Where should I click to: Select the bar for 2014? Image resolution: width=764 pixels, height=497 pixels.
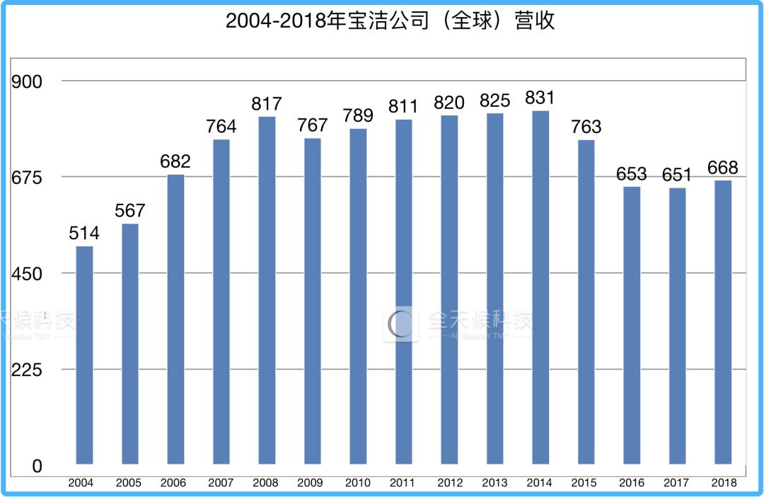tap(540, 287)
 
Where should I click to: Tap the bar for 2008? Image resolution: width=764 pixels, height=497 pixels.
tap(267, 290)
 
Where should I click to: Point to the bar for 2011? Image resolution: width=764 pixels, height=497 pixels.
tap(404, 292)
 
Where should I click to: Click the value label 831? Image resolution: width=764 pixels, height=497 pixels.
tap(540, 98)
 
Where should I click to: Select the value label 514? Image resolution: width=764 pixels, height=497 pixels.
tap(84, 233)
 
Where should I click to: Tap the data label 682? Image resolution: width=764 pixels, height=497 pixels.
tap(175, 161)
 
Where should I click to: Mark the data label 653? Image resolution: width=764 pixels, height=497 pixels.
tap(632, 174)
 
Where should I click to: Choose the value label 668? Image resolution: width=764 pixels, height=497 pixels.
tap(723, 168)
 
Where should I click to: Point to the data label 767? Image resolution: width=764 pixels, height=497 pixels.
tap(313, 125)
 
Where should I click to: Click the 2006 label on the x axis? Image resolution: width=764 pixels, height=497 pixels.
tap(173, 483)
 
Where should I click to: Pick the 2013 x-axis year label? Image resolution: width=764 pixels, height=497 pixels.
tap(494, 483)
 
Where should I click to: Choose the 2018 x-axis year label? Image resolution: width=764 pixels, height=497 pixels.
tap(723, 483)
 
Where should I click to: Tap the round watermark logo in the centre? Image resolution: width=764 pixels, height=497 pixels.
tap(401, 324)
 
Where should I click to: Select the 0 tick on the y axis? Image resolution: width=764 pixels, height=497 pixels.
tap(37, 467)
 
